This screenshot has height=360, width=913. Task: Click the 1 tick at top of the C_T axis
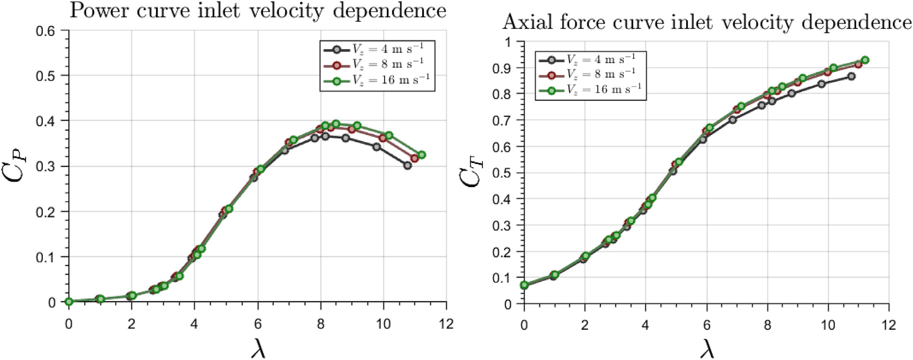point(507,42)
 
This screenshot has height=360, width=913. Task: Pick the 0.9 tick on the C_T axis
point(501,68)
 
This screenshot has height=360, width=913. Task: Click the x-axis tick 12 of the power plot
point(446,324)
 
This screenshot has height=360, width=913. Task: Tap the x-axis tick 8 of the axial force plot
point(767,325)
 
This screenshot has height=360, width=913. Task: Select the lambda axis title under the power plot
point(258,348)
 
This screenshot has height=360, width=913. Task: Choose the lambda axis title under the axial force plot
point(707,348)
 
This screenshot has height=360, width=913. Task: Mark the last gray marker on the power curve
point(408,165)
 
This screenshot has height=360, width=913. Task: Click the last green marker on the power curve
point(422,155)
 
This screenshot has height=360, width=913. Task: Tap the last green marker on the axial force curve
point(865,60)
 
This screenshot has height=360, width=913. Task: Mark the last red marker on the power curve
point(414,158)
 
